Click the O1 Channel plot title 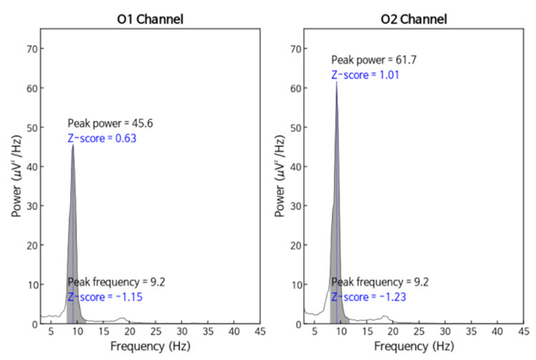[x=151, y=19]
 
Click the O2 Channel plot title [x=412, y=19]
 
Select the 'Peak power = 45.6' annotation [x=111, y=124]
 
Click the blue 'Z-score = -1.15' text [x=105, y=296]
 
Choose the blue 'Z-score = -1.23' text [x=367, y=296]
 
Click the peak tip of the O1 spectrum [x=73, y=145]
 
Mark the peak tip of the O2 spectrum [x=336, y=81]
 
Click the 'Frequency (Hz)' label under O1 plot [x=151, y=346]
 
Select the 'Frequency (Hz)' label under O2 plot [x=414, y=346]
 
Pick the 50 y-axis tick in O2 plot [x=293, y=128]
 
